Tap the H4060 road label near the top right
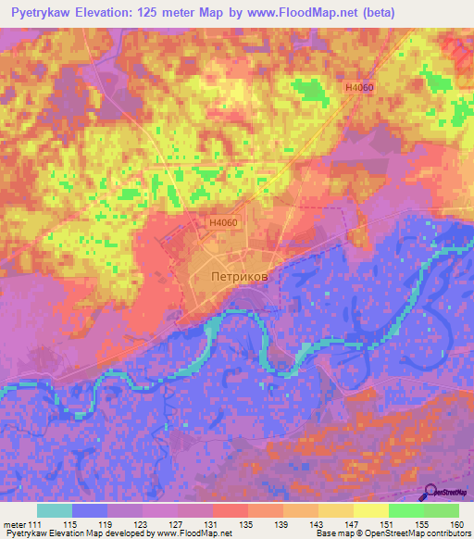pos(358,86)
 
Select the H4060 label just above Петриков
pos(223,223)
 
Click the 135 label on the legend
pos(248,525)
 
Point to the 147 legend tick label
pos(353,525)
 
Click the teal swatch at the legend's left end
pos(55,510)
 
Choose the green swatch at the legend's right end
pos(441,510)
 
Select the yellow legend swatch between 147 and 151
pos(370,510)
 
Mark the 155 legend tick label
pos(422,525)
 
